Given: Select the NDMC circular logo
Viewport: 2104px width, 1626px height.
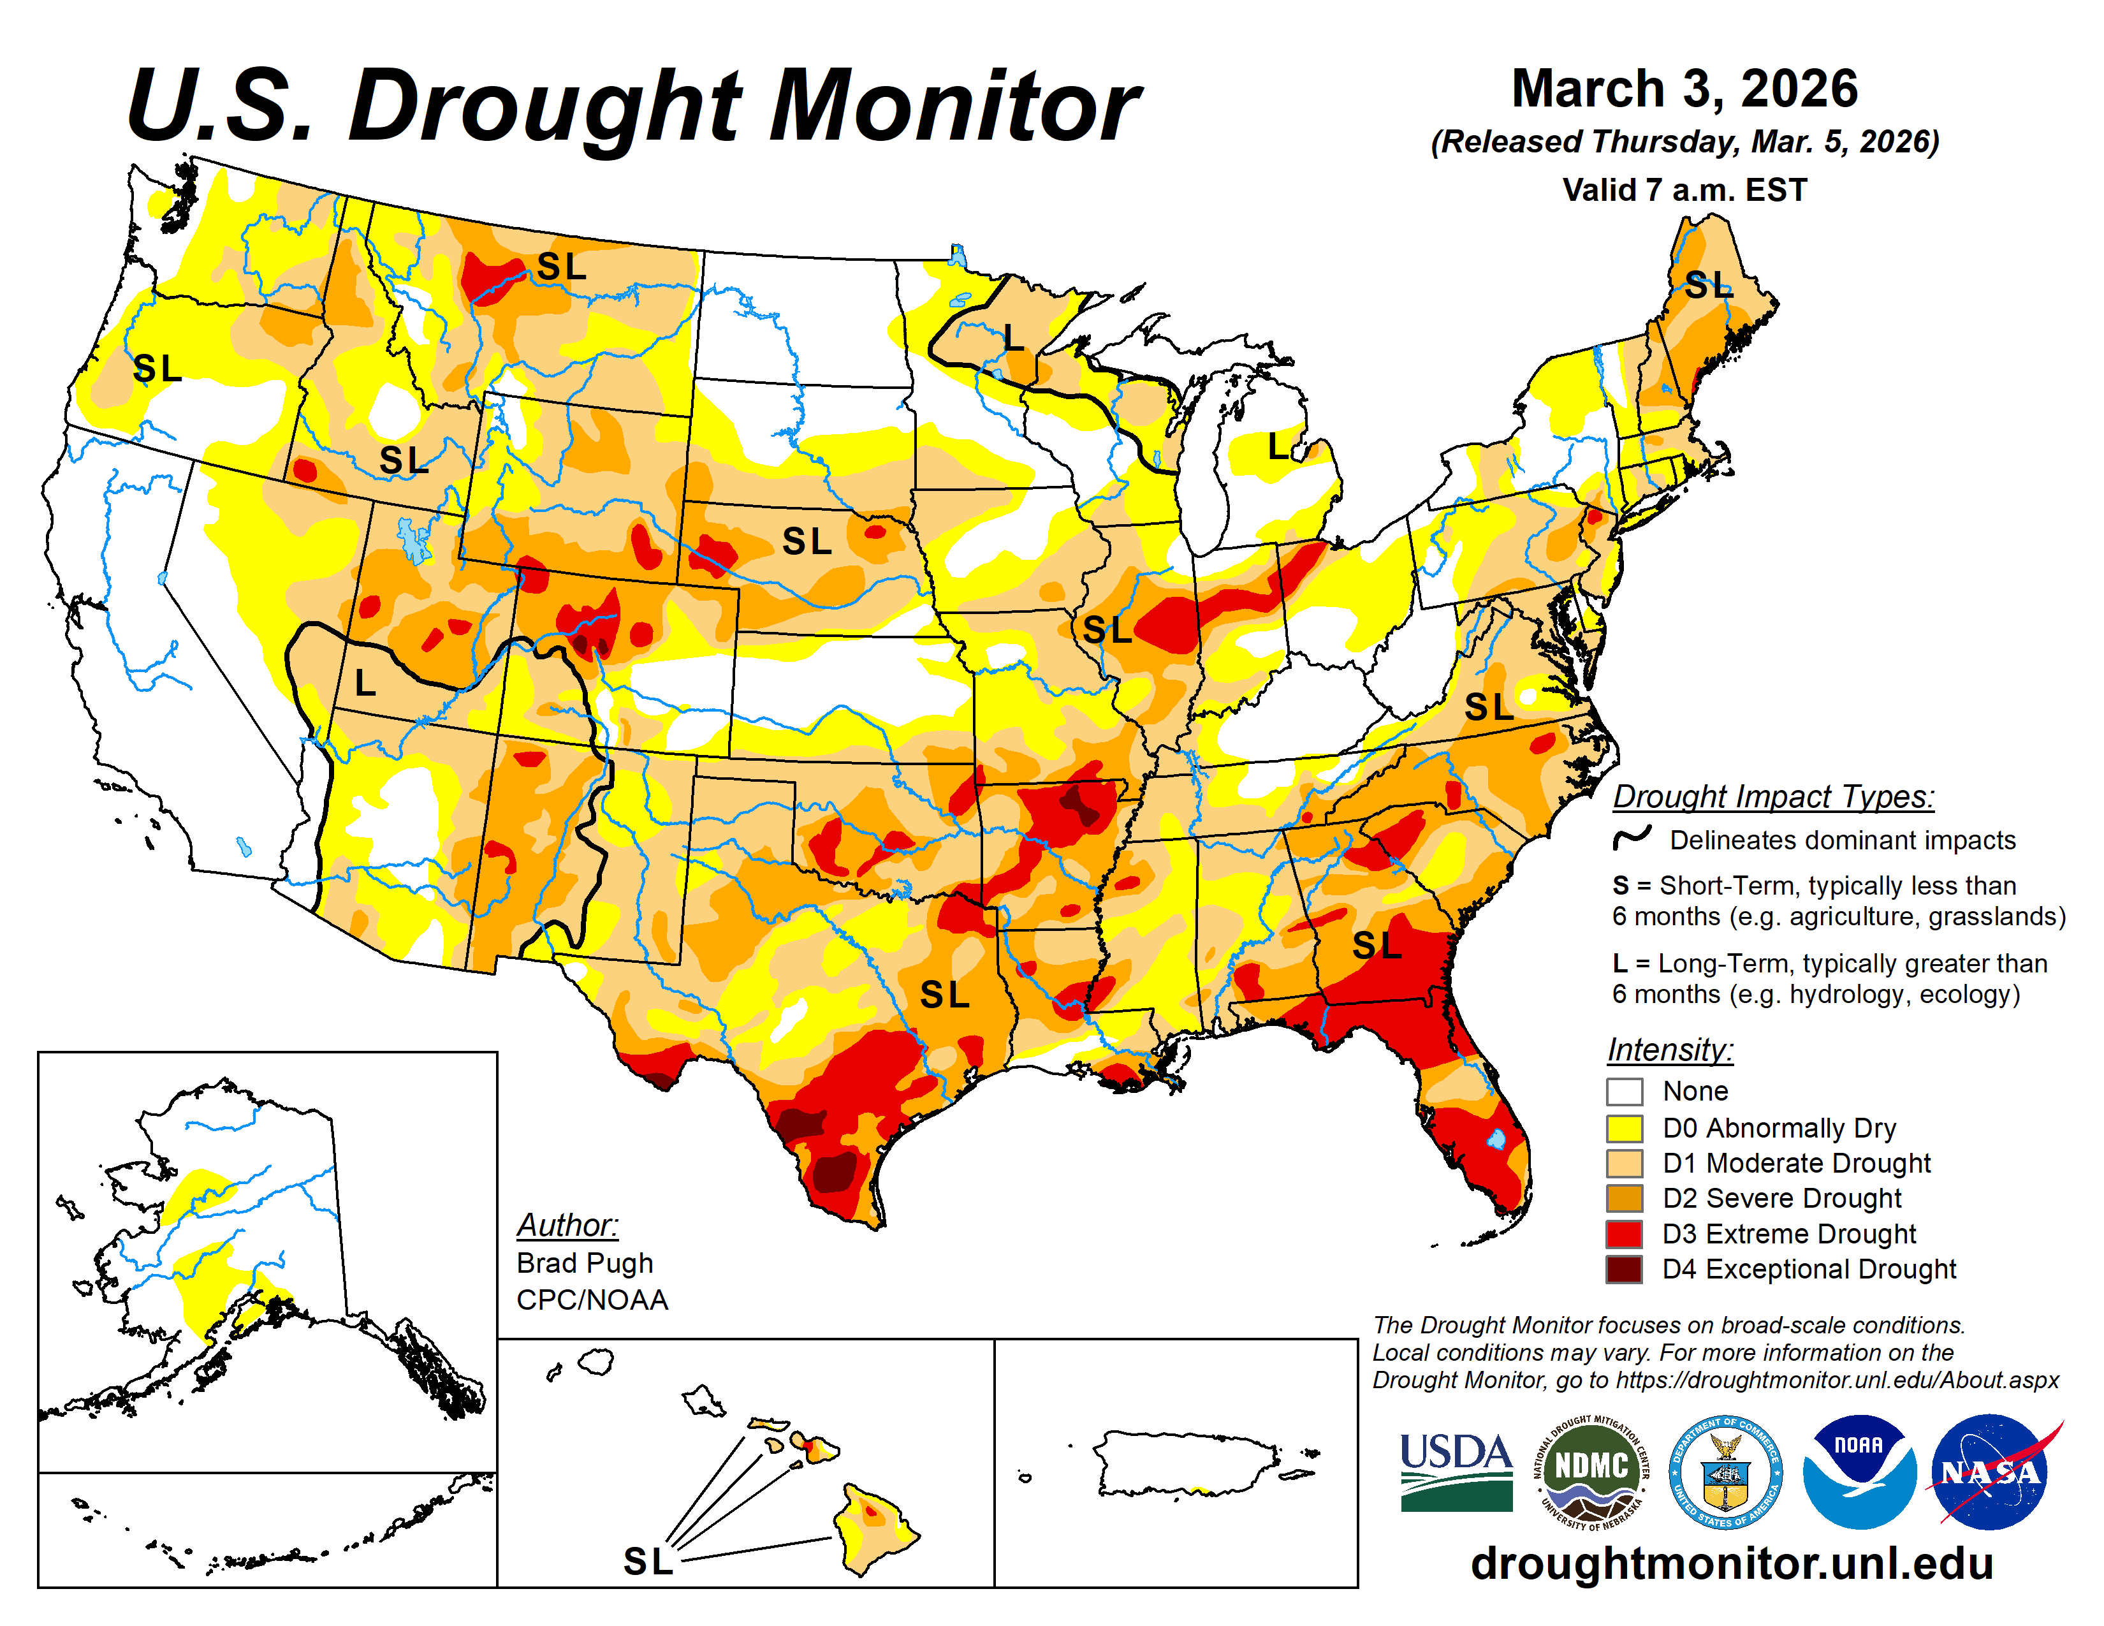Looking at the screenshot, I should coord(1591,1472).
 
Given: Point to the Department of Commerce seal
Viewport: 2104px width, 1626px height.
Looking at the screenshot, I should coord(1725,1472).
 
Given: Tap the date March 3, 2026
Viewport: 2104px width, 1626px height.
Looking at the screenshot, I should coord(1684,89).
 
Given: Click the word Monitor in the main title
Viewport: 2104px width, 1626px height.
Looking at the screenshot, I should coord(954,106).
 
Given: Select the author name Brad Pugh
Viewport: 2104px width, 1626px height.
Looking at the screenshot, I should coord(585,1263).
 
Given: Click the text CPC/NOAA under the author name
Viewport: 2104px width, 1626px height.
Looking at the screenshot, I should coord(592,1300).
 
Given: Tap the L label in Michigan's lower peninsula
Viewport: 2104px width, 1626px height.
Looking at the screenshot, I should coord(1278,447).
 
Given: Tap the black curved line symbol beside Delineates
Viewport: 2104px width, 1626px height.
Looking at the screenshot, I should coord(1632,838).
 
